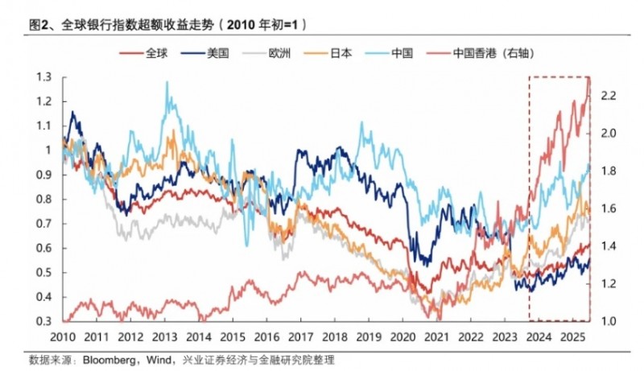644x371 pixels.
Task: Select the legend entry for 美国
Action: pyautogui.click(x=219, y=53)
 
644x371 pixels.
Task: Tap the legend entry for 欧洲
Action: pyautogui.click(x=281, y=53)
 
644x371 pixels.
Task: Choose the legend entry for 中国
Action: pyautogui.click(x=402, y=53)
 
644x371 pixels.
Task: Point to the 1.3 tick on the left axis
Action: pyautogui.click(x=43, y=76)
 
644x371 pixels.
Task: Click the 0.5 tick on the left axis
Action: pyautogui.click(x=43, y=273)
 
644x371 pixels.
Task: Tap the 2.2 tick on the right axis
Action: pyautogui.click(x=609, y=96)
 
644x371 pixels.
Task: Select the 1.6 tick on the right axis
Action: pyautogui.click(x=609, y=208)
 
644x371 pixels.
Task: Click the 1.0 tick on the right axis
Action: pyautogui.click(x=609, y=322)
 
